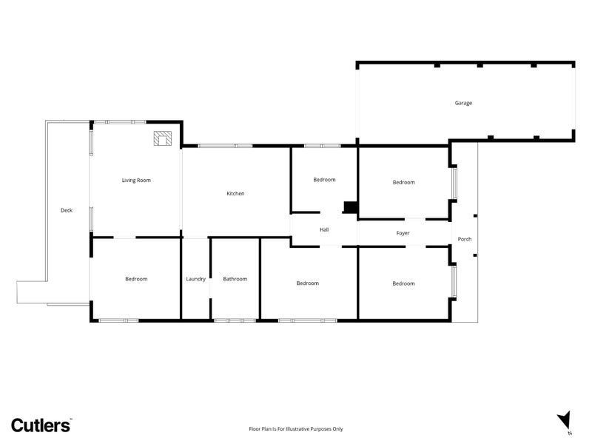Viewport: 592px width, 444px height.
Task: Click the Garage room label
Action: tap(463, 103)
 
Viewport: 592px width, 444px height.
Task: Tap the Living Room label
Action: tap(136, 181)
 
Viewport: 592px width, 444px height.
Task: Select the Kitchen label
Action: tap(235, 193)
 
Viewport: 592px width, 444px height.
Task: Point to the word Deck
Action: tap(67, 210)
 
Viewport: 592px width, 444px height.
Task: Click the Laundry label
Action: tap(195, 279)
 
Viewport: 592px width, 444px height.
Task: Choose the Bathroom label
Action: tap(235, 279)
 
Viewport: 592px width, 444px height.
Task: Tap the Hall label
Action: tap(324, 229)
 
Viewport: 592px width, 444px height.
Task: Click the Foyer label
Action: tap(403, 233)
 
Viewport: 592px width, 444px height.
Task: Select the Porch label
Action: tap(465, 239)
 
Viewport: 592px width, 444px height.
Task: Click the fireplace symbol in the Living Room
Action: tap(163, 138)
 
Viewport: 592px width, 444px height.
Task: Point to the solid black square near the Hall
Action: tap(350, 207)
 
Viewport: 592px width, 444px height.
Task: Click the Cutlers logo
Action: tap(41, 425)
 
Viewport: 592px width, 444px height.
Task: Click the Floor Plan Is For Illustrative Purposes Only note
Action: tap(295, 429)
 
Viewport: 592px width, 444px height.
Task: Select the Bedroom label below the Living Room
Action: tap(136, 279)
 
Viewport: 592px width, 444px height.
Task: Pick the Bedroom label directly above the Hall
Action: tap(324, 180)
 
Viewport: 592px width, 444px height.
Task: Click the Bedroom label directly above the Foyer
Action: tap(403, 182)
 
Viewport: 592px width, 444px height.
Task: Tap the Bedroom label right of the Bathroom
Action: tap(308, 283)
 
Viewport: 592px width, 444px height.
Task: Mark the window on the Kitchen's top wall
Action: tap(226, 146)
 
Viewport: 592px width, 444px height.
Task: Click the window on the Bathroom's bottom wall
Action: tap(235, 320)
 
